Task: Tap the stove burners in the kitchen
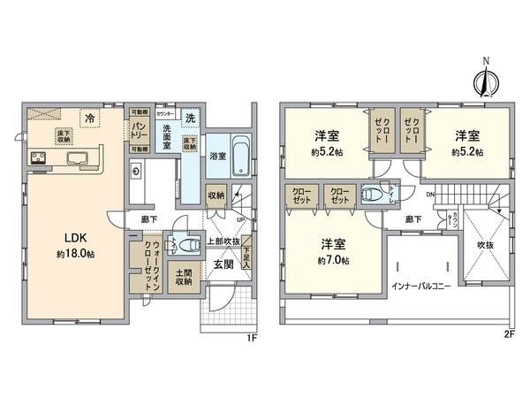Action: (x=41, y=158)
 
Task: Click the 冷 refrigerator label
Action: (x=89, y=116)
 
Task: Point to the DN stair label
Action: (x=429, y=194)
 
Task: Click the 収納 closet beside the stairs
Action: (x=216, y=195)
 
